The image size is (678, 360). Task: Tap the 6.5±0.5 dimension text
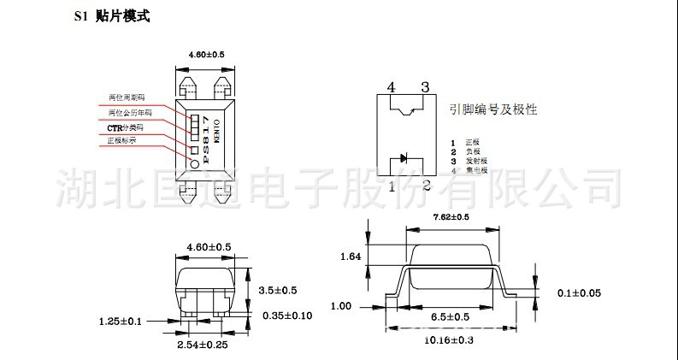click(x=451, y=316)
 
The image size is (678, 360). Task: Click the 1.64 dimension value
click(x=350, y=256)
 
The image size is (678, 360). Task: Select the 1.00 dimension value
click(x=340, y=305)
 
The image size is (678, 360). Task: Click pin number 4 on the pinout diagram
click(x=391, y=87)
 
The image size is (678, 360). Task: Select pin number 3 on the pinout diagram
click(x=424, y=87)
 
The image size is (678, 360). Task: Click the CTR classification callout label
click(x=125, y=127)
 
